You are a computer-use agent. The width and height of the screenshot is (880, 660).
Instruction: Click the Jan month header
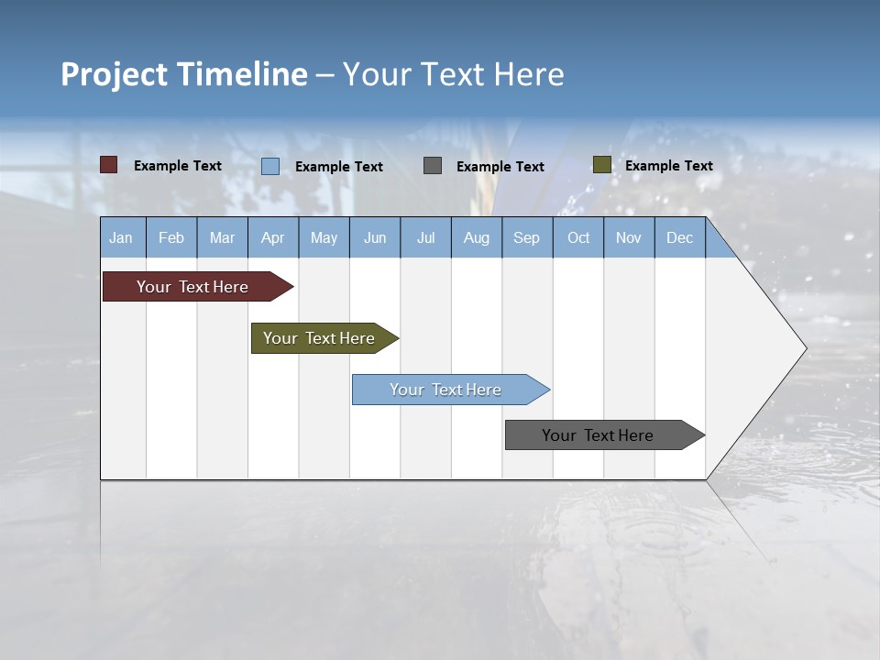point(122,237)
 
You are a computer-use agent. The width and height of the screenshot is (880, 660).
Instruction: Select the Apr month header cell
point(273,237)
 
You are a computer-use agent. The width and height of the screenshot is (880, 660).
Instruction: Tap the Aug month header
point(476,237)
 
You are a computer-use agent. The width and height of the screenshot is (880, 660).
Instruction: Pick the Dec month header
point(679,237)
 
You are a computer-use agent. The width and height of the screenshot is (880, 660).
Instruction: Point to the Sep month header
point(526,237)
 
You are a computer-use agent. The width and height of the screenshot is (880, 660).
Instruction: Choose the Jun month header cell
point(375,237)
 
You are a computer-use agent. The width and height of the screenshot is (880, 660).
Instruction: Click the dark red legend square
point(108,165)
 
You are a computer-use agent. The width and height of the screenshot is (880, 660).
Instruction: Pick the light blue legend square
point(270,166)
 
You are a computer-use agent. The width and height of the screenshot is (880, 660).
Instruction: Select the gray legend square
point(433,165)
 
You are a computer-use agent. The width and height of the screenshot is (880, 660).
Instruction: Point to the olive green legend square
point(601,165)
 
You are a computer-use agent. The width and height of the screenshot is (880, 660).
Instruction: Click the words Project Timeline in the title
point(183,74)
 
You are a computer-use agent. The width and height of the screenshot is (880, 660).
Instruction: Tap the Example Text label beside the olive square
point(668,166)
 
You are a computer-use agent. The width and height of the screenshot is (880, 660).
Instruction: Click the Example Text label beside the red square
point(178,166)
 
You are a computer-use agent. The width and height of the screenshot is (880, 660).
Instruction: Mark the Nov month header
point(628,237)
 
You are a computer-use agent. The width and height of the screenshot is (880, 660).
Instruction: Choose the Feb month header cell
point(171,237)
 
